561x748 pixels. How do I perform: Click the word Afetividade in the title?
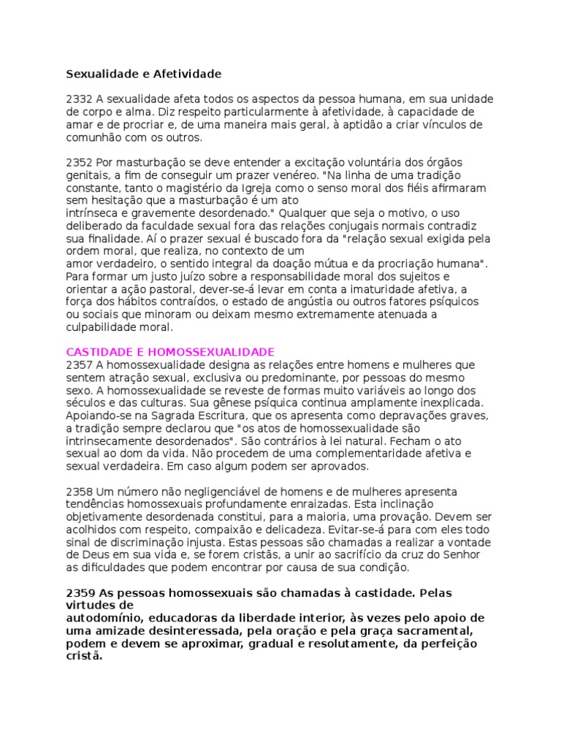tap(187, 74)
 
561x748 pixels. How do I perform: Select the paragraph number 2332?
tap(79, 99)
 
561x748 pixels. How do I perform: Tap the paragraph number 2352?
tap(79, 162)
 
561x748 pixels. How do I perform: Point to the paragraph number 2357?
tap(79, 364)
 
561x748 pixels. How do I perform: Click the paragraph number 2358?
tap(79, 492)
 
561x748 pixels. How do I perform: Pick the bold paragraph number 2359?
tap(80, 592)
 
